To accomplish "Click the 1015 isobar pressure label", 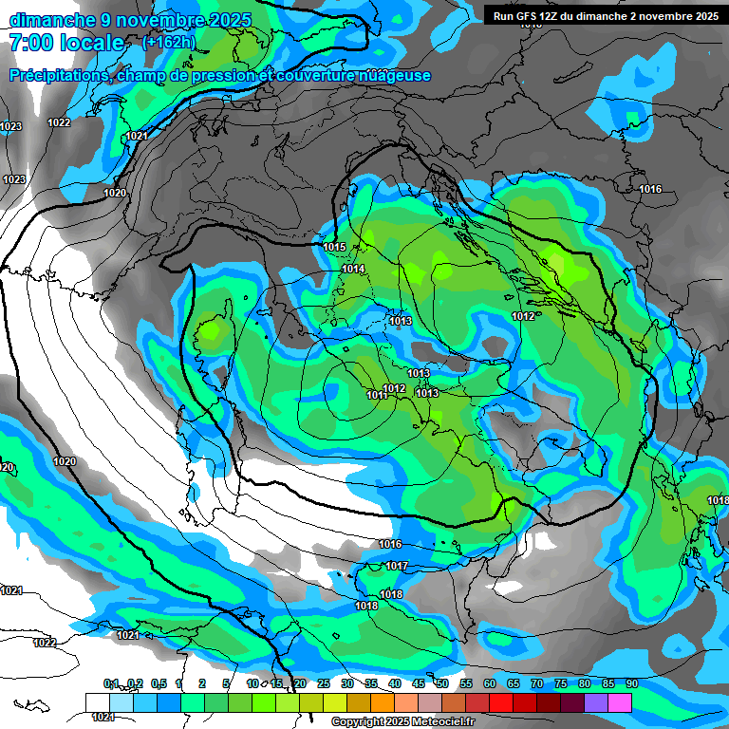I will pos(334,248).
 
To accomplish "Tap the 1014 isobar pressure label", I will pos(353,270).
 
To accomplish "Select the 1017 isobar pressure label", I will pos(397,567).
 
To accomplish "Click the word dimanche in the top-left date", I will pos(47,19).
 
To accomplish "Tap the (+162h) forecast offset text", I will pos(168,42).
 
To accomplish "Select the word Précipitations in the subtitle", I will pos(58,76).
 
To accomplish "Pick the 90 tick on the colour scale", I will pos(631,684).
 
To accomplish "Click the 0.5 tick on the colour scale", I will pos(158,684).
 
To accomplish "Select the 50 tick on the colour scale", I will pos(441,684).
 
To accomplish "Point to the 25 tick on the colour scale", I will pos(323,684).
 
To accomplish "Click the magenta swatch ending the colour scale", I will pos(620,701).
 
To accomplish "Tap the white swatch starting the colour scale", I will pos(97,701).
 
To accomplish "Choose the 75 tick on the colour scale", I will pos(560,684).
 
